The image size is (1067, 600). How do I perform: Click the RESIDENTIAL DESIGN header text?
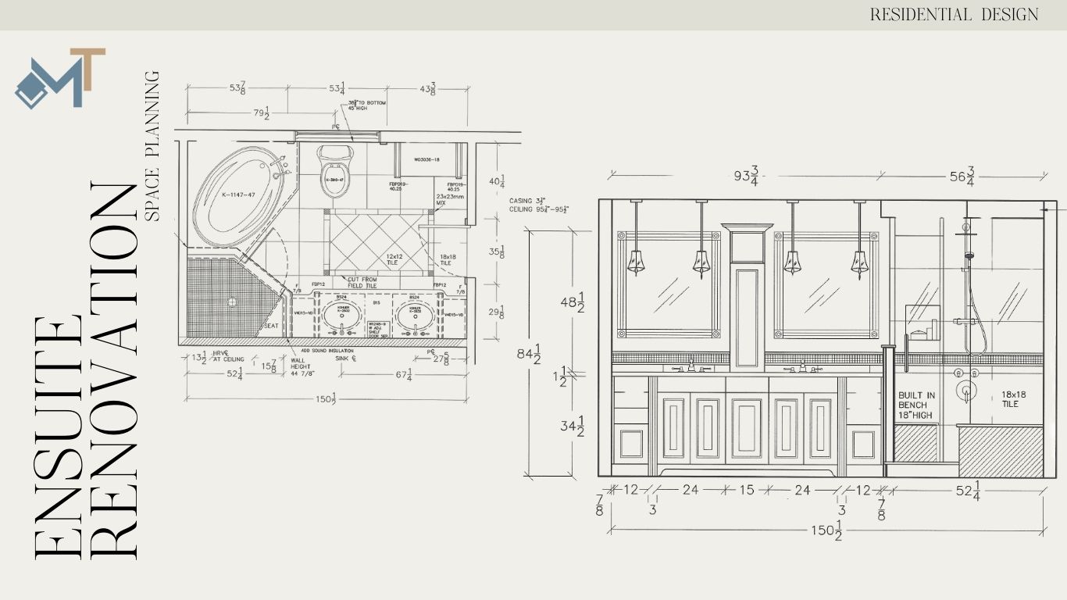(x=954, y=15)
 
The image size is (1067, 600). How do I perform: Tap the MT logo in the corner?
(x=60, y=78)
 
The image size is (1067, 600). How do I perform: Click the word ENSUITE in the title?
(x=58, y=437)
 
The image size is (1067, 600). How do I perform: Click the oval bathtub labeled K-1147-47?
(x=239, y=194)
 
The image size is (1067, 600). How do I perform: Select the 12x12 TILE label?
(x=392, y=259)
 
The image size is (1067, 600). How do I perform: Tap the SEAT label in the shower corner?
(x=271, y=326)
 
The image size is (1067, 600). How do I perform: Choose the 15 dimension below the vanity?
(x=746, y=490)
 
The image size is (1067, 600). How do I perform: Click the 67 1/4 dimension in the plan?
(x=404, y=376)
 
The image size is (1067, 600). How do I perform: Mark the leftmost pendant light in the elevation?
(x=636, y=262)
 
